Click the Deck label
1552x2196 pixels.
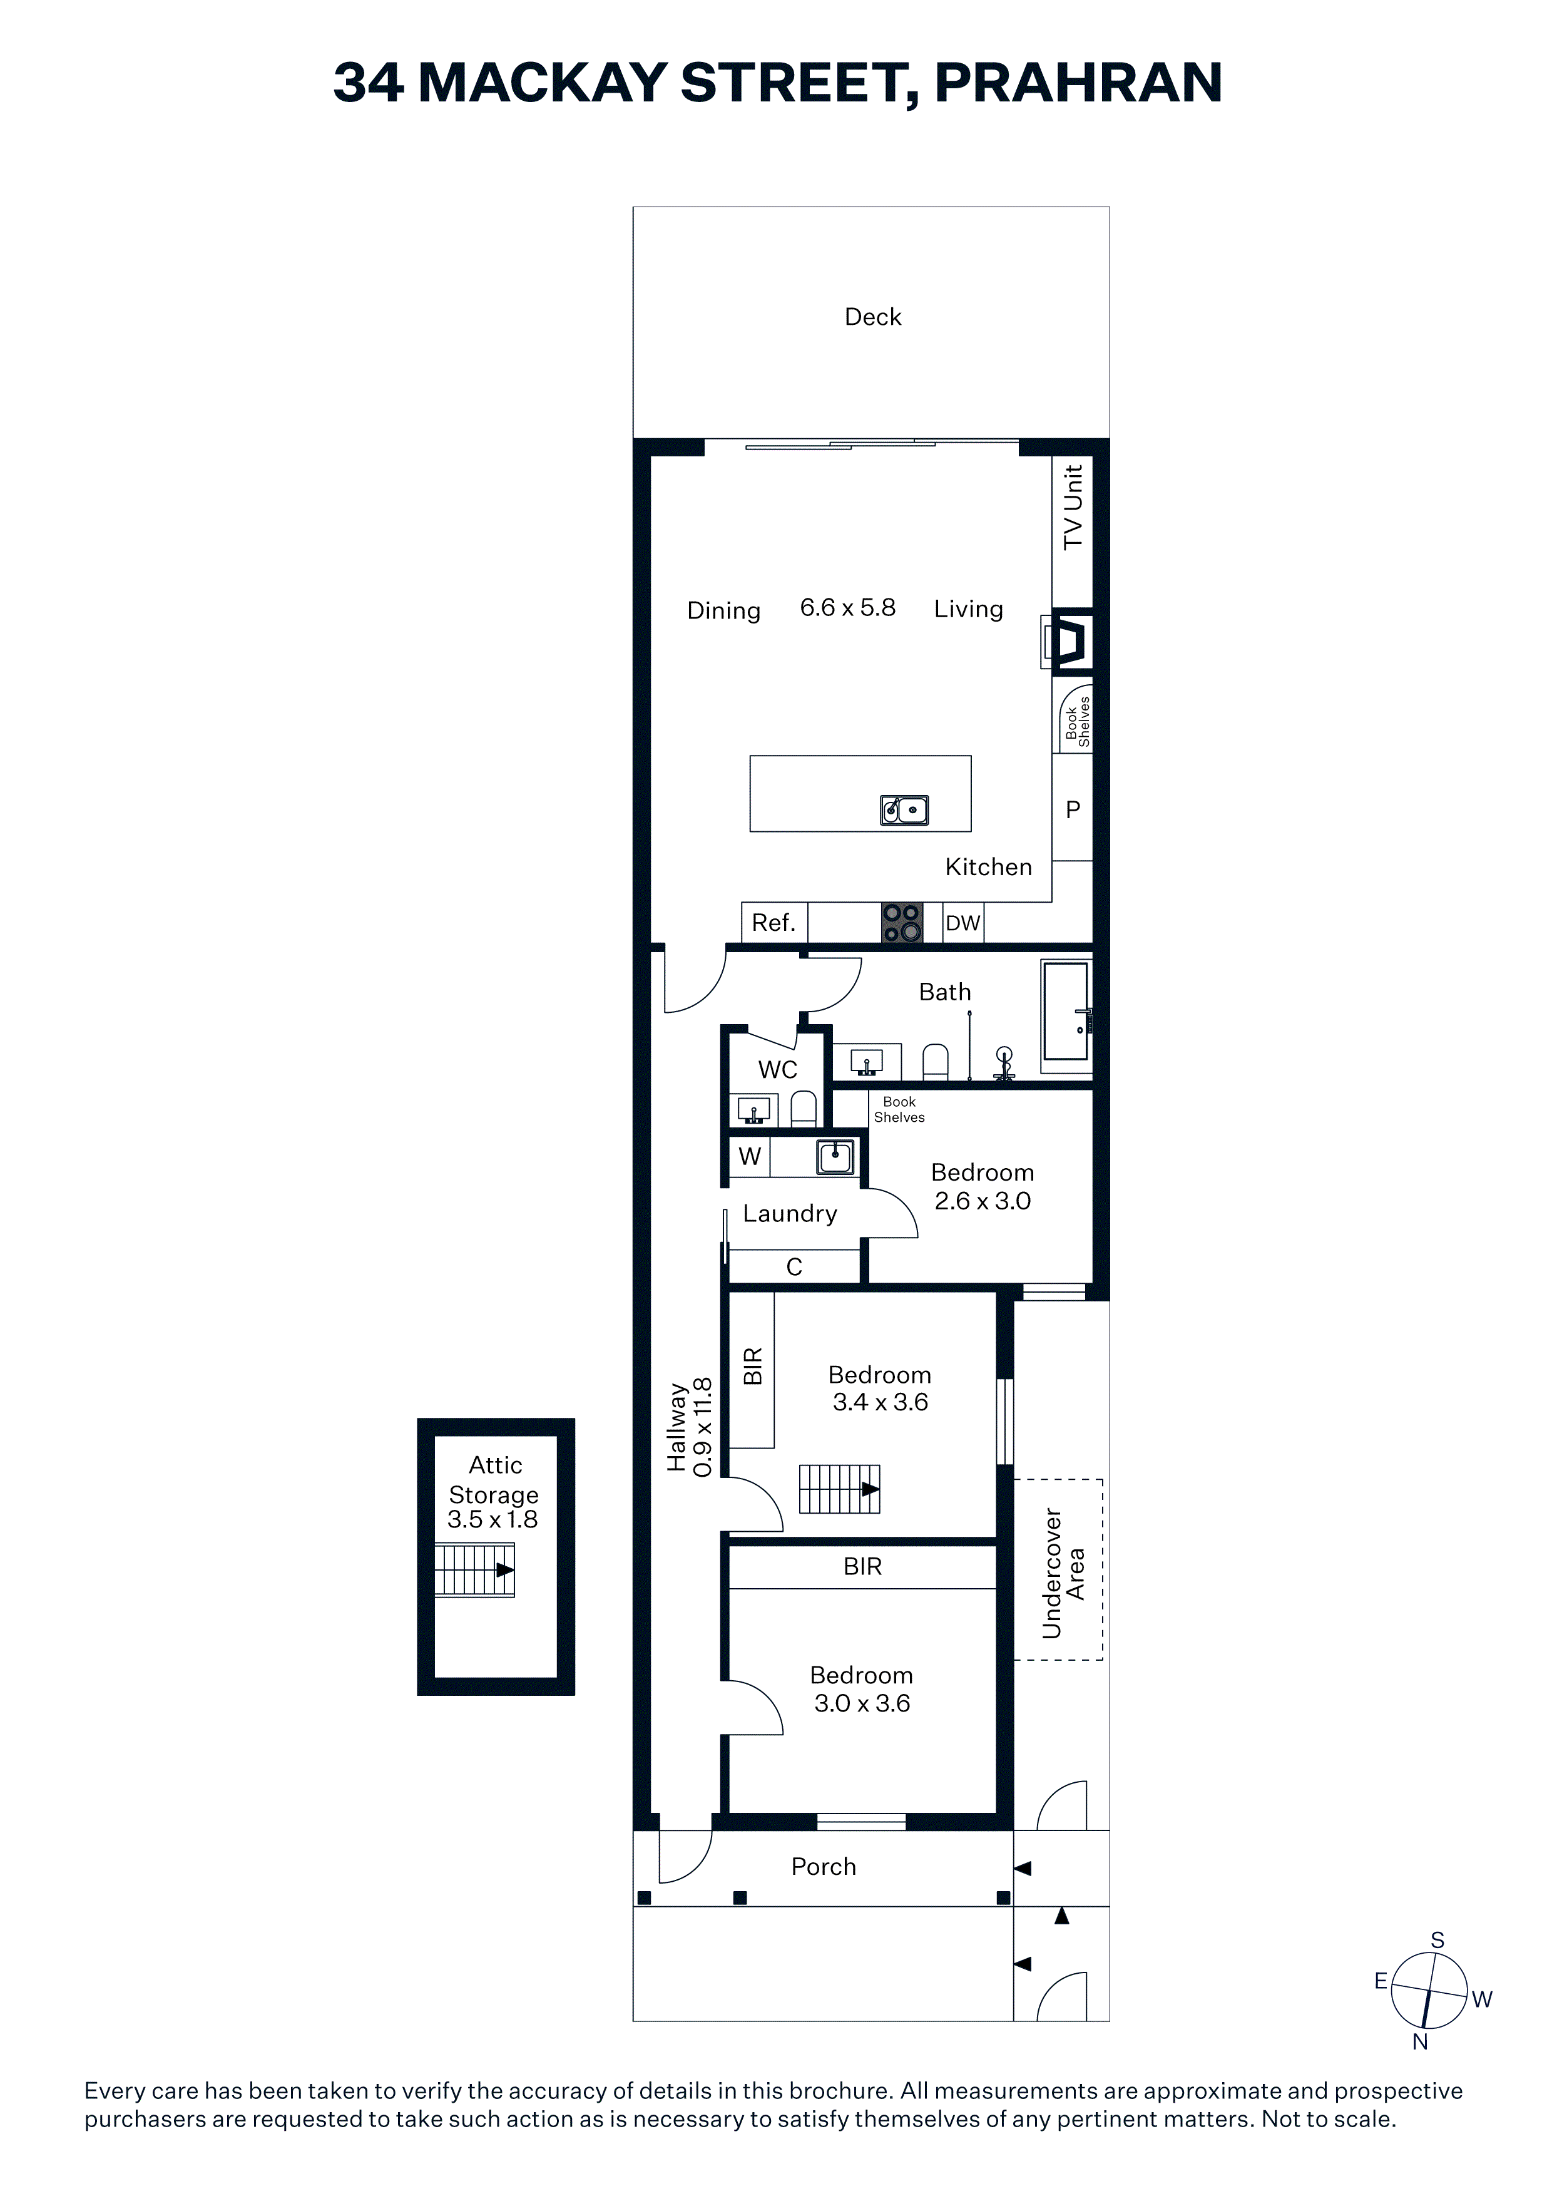click(872, 317)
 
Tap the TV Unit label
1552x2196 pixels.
click(1073, 507)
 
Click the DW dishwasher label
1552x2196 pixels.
click(963, 923)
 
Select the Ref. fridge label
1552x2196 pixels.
click(773, 922)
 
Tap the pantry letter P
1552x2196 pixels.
click(1073, 809)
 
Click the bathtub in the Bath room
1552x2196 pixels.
click(1066, 1011)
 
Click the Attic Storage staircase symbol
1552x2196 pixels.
click(474, 1569)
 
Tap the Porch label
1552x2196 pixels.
click(824, 1866)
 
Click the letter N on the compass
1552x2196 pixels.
click(1420, 2042)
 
